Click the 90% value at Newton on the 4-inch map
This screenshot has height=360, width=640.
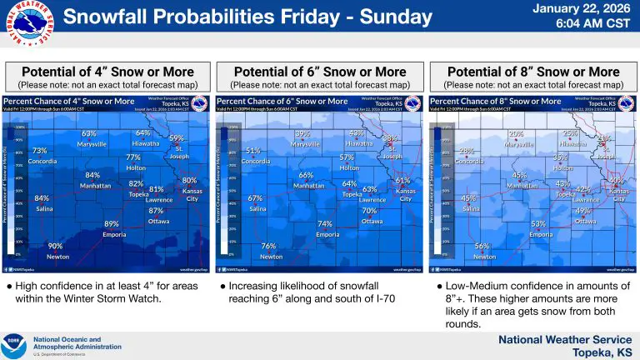click(x=55, y=247)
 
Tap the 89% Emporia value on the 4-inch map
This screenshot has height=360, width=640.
click(x=112, y=224)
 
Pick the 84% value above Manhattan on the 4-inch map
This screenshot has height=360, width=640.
click(x=92, y=175)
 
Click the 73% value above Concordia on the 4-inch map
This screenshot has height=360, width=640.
click(x=39, y=151)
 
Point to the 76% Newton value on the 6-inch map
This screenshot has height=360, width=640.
click(x=268, y=247)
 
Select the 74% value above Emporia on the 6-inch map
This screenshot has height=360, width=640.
click(x=325, y=224)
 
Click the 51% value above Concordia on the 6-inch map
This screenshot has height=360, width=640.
click(x=253, y=151)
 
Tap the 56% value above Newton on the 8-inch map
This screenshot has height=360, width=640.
click(x=482, y=247)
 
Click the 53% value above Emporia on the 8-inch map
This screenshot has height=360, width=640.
click(x=538, y=224)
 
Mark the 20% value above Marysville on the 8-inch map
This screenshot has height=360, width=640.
click(x=516, y=133)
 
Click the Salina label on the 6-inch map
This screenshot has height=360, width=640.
click(x=257, y=209)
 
